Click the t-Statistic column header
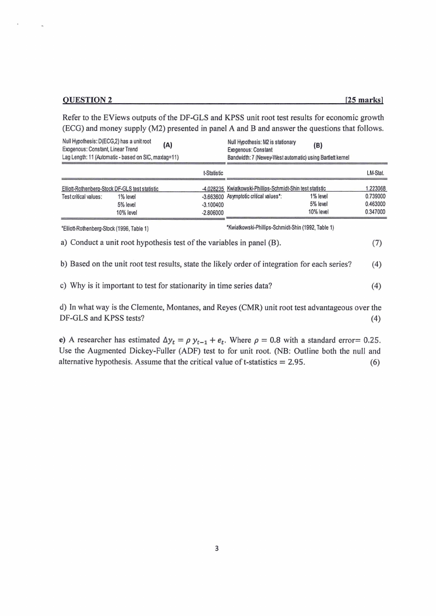click(x=213, y=173)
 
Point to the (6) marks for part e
click(x=376, y=363)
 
